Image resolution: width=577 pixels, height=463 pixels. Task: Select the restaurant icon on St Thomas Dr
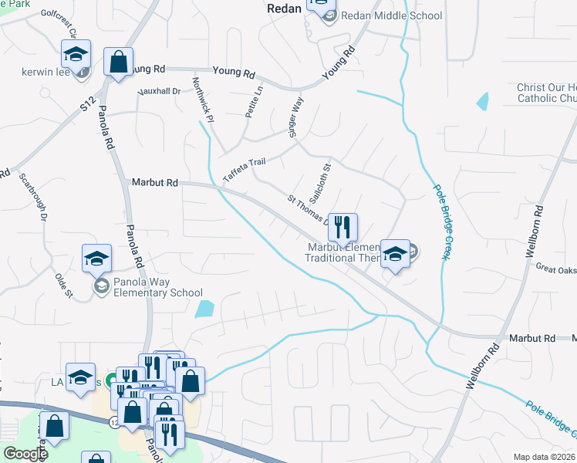(343, 228)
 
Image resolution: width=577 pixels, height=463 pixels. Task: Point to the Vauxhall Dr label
(159, 91)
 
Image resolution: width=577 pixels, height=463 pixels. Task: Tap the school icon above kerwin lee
(76, 54)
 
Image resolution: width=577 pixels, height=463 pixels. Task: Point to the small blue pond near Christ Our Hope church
(483, 101)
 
